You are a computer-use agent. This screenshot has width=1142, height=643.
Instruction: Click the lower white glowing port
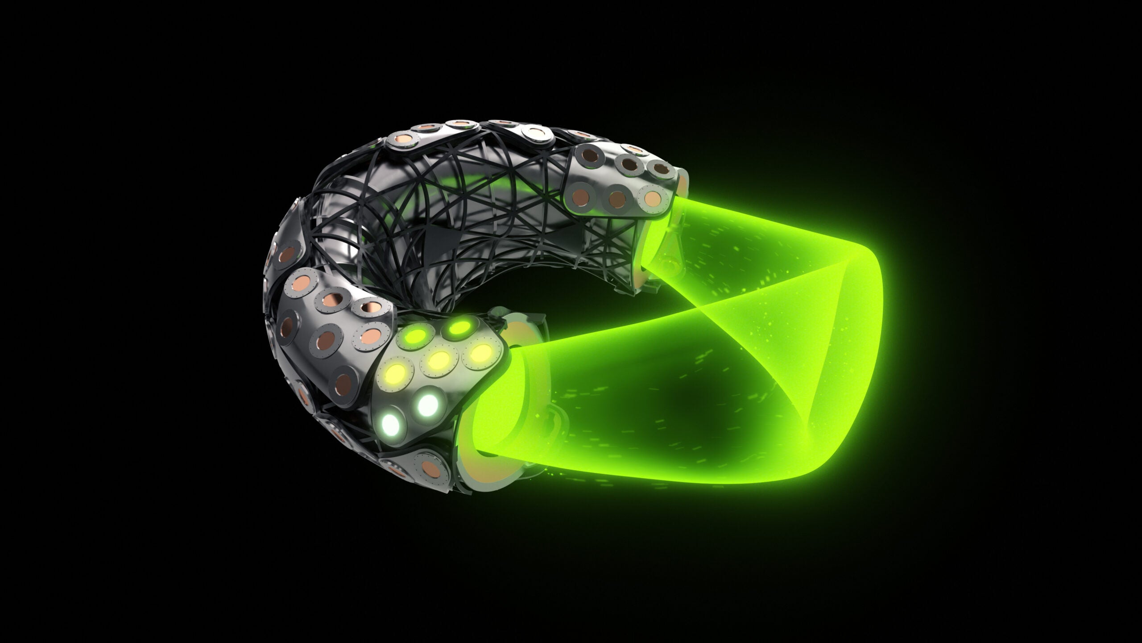pyautogui.click(x=391, y=422)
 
